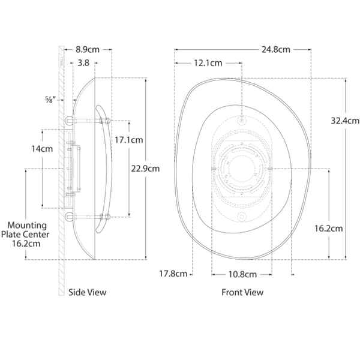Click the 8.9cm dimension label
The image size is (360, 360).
[x=88, y=50]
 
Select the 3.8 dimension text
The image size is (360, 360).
[x=83, y=63]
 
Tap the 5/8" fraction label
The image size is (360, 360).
[x=50, y=100]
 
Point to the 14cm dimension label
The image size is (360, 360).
[x=42, y=149]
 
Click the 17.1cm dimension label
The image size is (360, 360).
[x=129, y=140]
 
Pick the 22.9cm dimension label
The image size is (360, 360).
[x=145, y=169]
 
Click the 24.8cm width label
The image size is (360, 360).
[x=276, y=50]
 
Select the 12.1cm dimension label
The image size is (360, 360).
[x=208, y=63]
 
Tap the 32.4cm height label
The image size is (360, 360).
[x=345, y=121]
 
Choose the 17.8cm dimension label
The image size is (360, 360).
[x=173, y=274]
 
